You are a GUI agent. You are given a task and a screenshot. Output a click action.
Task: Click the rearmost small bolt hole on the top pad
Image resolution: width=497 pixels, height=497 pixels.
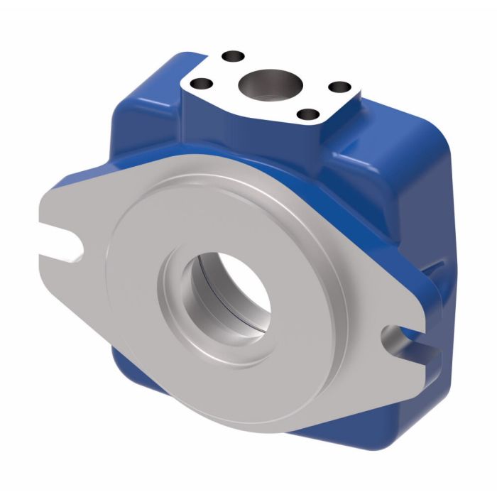[x=230, y=55]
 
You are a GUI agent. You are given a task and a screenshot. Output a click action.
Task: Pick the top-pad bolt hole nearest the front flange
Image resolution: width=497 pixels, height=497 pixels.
[x=307, y=113]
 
